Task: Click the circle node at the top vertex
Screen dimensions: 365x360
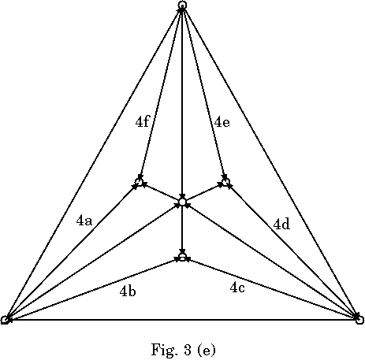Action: tap(182, 5)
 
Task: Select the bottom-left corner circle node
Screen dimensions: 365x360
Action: tap(5, 320)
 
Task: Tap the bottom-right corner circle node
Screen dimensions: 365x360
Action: tap(359, 320)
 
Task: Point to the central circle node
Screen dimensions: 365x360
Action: tap(182, 202)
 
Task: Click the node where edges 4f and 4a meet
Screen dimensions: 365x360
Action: tap(139, 182)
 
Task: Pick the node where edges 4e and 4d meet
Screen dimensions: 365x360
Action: tap(225, 182)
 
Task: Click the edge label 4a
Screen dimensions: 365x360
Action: tap(84, 221)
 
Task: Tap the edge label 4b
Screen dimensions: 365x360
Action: tap(128, 291)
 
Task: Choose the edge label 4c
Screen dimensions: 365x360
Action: tap(237, 288)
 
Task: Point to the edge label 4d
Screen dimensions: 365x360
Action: tap(281, 225)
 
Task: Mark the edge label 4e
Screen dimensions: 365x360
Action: tap(222, 122)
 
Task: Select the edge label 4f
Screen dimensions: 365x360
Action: tap(143, 121)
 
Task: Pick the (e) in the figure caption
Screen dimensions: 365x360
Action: tap(207, 350)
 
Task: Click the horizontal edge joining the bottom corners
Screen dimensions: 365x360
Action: tap(182, 320)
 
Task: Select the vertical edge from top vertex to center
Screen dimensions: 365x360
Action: tap(182, 103)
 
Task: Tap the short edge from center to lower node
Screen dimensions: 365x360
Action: tap(182, 229)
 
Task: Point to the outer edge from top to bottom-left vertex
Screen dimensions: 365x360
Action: tap(93, 162)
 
